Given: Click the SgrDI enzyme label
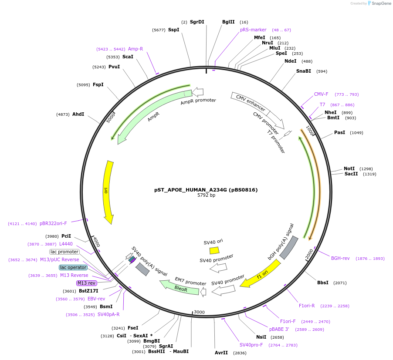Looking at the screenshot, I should click(x=197, y=22).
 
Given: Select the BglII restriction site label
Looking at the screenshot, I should click(x=228, y=22).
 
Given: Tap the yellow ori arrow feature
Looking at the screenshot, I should click(x=108, y=192).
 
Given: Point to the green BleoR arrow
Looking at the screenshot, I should click(x=180, y=288).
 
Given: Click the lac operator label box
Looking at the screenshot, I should click(x=73, y=267).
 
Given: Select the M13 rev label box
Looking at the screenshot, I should click(x=86, y=283).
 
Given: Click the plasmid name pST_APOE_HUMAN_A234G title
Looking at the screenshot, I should click(x=206, y=190).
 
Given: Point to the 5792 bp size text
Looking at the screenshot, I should click(x=206, y=195).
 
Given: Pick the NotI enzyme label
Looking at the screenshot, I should click(x=349, y=168).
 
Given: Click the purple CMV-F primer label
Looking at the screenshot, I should click(x=321, y=94).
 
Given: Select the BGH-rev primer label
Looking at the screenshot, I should click(x=340, y=258).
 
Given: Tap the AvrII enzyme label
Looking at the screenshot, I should click(x=221, y=353).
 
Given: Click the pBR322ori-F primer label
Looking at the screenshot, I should click(x=53, y=223).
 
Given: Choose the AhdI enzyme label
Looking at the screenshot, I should click(x=78, y=114).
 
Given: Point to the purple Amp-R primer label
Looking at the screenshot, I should click(x=136, y=49).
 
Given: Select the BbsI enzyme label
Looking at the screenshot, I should click(x=323, y=283).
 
